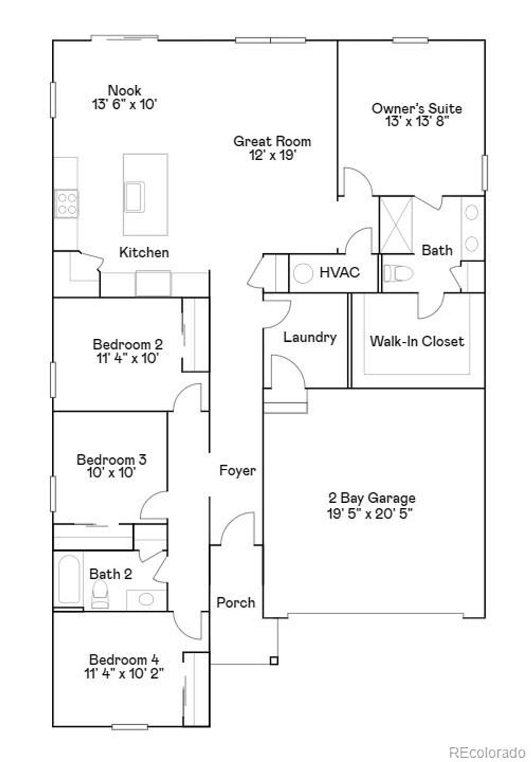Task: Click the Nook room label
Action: [x=124, y=90]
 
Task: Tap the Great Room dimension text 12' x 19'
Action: [x=272, y=155]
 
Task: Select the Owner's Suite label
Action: [x=417, y=108]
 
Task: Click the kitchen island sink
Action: [x=134, y=197]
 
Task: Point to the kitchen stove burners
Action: [x=66, y=203]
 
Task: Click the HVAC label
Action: [x=339, y=272]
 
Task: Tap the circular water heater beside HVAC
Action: [x=303, y=273]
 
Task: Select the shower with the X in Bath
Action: [x=396, y=225]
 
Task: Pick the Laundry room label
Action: [x=310, y=337]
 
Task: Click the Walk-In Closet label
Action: [x=417, y=341]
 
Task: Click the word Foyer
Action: [x=237, y=470]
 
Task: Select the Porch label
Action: [x=236, y=603]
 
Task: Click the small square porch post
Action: [x=274, y=660]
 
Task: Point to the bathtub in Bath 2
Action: [x=69, y=579]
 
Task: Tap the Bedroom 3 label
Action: [x=111, y=459]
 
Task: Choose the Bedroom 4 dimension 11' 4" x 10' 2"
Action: [x=124, y=673]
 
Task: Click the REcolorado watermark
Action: [x=487, y=752]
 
